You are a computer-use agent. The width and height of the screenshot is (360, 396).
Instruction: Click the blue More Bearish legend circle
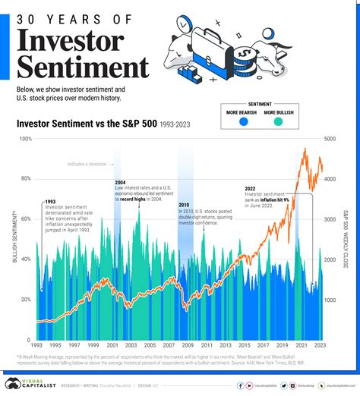(x=243, y=121)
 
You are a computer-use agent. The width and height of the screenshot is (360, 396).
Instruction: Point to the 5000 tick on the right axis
(x=330, y=139)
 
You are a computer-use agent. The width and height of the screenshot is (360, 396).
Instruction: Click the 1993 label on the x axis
(x=36, y=346)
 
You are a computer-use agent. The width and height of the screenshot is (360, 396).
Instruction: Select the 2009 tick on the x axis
(x=187, y=346)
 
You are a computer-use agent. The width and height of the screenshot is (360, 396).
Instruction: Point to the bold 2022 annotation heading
(x=251, y=188)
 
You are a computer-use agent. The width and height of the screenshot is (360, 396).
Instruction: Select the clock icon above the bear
(x=182, y=25)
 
